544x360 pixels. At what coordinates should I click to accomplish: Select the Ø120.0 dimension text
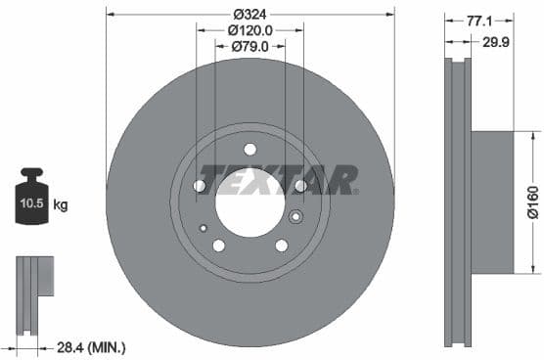pos(250,30)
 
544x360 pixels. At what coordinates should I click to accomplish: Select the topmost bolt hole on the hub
pos(249,150)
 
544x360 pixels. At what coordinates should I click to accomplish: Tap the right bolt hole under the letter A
pos(300,185)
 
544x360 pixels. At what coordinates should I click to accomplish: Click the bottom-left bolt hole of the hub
pos(218,246)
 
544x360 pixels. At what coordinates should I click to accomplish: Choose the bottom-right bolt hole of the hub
pos(281,246)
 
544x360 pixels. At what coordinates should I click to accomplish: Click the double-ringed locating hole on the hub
pos(296,217)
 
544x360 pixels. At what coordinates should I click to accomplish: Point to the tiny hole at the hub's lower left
pos(204,228)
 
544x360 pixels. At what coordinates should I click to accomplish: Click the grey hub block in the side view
pos(492,201)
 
